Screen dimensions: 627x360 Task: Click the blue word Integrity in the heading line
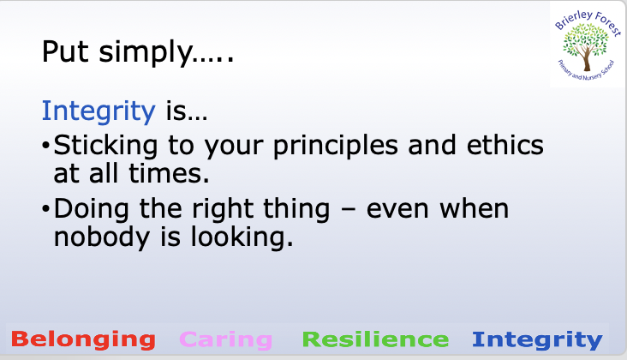[x=99, y=111]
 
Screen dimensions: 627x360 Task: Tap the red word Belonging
[x=83, y=339]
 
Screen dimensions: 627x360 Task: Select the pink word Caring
[x=226, y=340]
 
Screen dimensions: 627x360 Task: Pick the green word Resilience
[x=375, y=339]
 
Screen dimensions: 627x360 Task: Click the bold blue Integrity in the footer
[x=537, y=340]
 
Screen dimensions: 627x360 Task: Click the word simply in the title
[x=146, y=53]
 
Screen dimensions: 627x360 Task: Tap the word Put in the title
[x=65, y=52]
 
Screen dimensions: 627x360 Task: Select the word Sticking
[x=105, y=146]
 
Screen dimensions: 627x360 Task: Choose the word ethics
[x=505, y=145]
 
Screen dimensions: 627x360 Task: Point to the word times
[x=169, y=174]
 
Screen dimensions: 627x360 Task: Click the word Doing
[x=91, y=210]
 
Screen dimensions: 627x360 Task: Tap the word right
[x=223, y=210]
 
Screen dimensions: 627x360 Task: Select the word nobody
[x=102, y=238]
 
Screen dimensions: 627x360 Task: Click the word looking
[x=242, y=238]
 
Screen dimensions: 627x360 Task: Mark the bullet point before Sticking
[x=45, y=146]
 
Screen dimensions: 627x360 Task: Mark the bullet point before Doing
[x=45, y=209]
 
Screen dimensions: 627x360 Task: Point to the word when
[x=474, y=209]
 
